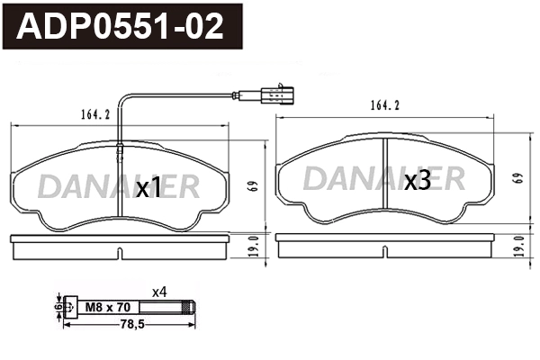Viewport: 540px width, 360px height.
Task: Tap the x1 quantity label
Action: tap(148, 187)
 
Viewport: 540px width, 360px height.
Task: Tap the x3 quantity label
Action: tap(417, 181)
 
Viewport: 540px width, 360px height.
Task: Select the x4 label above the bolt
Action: tap(159, 291)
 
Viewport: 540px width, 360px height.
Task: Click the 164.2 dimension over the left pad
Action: tap(84, 114)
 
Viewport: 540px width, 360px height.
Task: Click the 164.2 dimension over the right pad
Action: tap(383, 105)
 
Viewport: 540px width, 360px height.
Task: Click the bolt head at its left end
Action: tap(71, 308)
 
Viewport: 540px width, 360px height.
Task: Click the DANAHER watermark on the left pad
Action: tap(117, 186)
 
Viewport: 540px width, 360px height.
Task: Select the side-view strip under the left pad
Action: tap(121, 245)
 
